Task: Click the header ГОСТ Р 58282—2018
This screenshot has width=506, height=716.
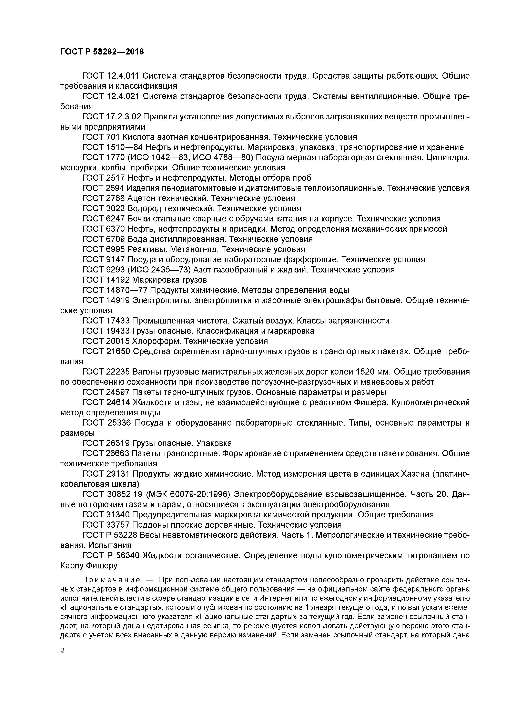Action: tap(102, 52)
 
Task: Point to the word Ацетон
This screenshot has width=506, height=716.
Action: tap(141, 198)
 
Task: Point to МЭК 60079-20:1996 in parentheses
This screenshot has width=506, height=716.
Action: tap(188, 494)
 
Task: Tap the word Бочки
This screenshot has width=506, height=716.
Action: tap(139, 219)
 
